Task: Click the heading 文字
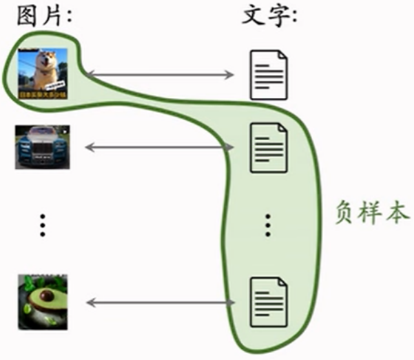click(269, 15)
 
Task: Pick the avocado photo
click(43, 302)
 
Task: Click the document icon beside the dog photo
click(268, 74)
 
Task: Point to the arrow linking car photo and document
click(158, 147)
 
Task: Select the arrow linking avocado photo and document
click(158, 302)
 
